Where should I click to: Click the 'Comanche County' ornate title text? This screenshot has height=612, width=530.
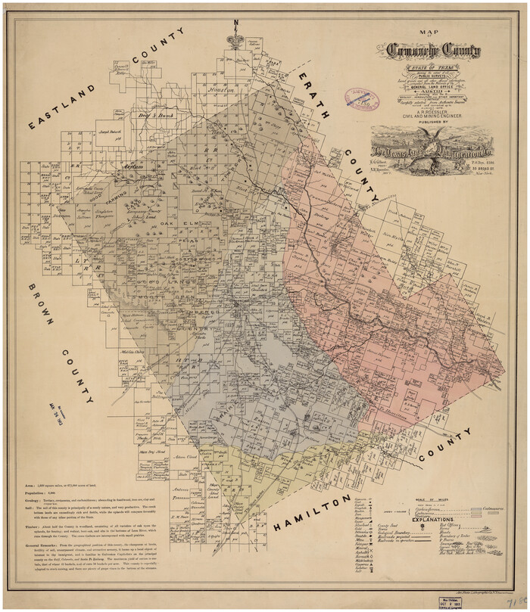[x=433, y=51]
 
